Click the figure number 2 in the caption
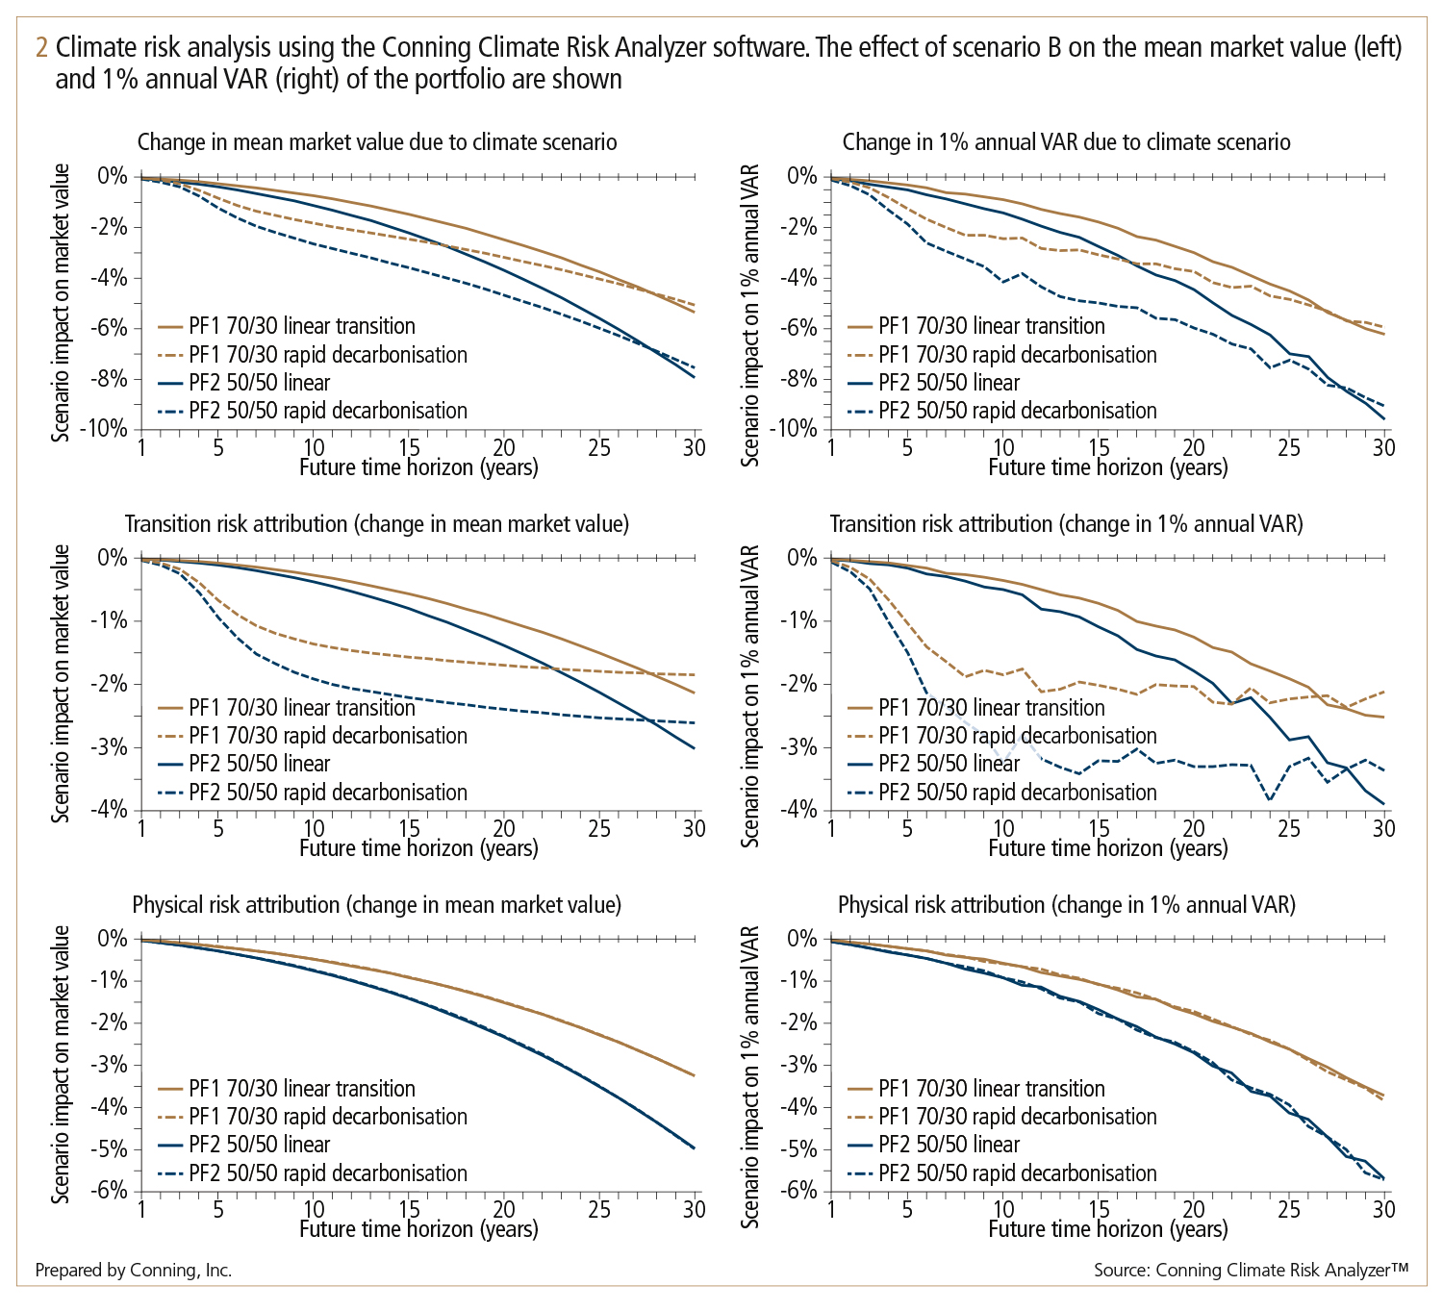click(x=40, y=48)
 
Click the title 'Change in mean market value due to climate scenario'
click(x=377, y=142)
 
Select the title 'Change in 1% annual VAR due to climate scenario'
click(x=1066, y=142)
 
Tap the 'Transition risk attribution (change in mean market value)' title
click(x=377, y=524)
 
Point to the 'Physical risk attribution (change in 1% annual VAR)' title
click(x=1067, y=905)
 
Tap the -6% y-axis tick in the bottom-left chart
click(x=111, y=1191)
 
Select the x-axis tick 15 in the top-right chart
click(x=1099, y=448)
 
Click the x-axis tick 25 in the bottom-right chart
click(x=1289, y=1210)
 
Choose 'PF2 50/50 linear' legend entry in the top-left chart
click(x=260, y=383)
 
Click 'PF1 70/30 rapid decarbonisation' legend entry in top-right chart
click(x=1017, y=355)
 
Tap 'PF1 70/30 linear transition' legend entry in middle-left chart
click(x=302, y=708)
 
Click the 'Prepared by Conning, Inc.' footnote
click(x=134, y=1271)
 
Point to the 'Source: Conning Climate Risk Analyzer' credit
click(x=1251, y=1271)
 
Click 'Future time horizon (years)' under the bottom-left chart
click(x=418, y=1229)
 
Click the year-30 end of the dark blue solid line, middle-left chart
click(x=694, y=747)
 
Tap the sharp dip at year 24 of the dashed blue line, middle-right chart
click(x=1270, y=799)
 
